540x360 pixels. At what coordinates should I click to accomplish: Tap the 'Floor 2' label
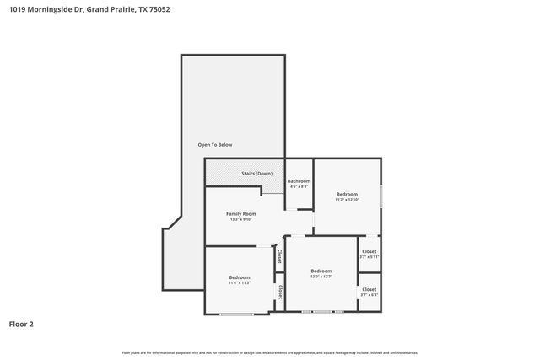click(x=21, y=323)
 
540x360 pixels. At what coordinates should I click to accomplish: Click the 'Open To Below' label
click(x=214, y=145)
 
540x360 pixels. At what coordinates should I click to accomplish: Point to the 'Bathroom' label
click(x=299, y=181)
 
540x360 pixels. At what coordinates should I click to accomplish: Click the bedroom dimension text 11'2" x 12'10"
click(x=347, y=200)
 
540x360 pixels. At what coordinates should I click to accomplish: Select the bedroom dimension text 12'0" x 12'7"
click(x=321, y=276)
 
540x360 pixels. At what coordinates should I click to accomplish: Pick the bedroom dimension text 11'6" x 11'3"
click(x=239, y=282)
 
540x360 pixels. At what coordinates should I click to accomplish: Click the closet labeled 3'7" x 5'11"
click(x=369, y=256)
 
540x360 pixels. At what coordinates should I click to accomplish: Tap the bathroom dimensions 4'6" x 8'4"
click(x=299, y=187)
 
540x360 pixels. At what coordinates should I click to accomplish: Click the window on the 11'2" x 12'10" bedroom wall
click(x=381, y=196)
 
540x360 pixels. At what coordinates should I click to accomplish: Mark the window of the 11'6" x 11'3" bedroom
click(x=236, y=314)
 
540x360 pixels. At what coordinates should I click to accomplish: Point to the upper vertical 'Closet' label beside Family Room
click(x=279, y=255)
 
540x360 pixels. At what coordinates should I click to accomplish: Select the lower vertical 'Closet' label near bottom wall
click(x=279, y=292)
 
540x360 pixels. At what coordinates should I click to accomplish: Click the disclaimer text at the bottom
click(x=270, y=352)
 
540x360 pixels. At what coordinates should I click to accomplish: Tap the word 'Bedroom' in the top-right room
click(x=347, y=194)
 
